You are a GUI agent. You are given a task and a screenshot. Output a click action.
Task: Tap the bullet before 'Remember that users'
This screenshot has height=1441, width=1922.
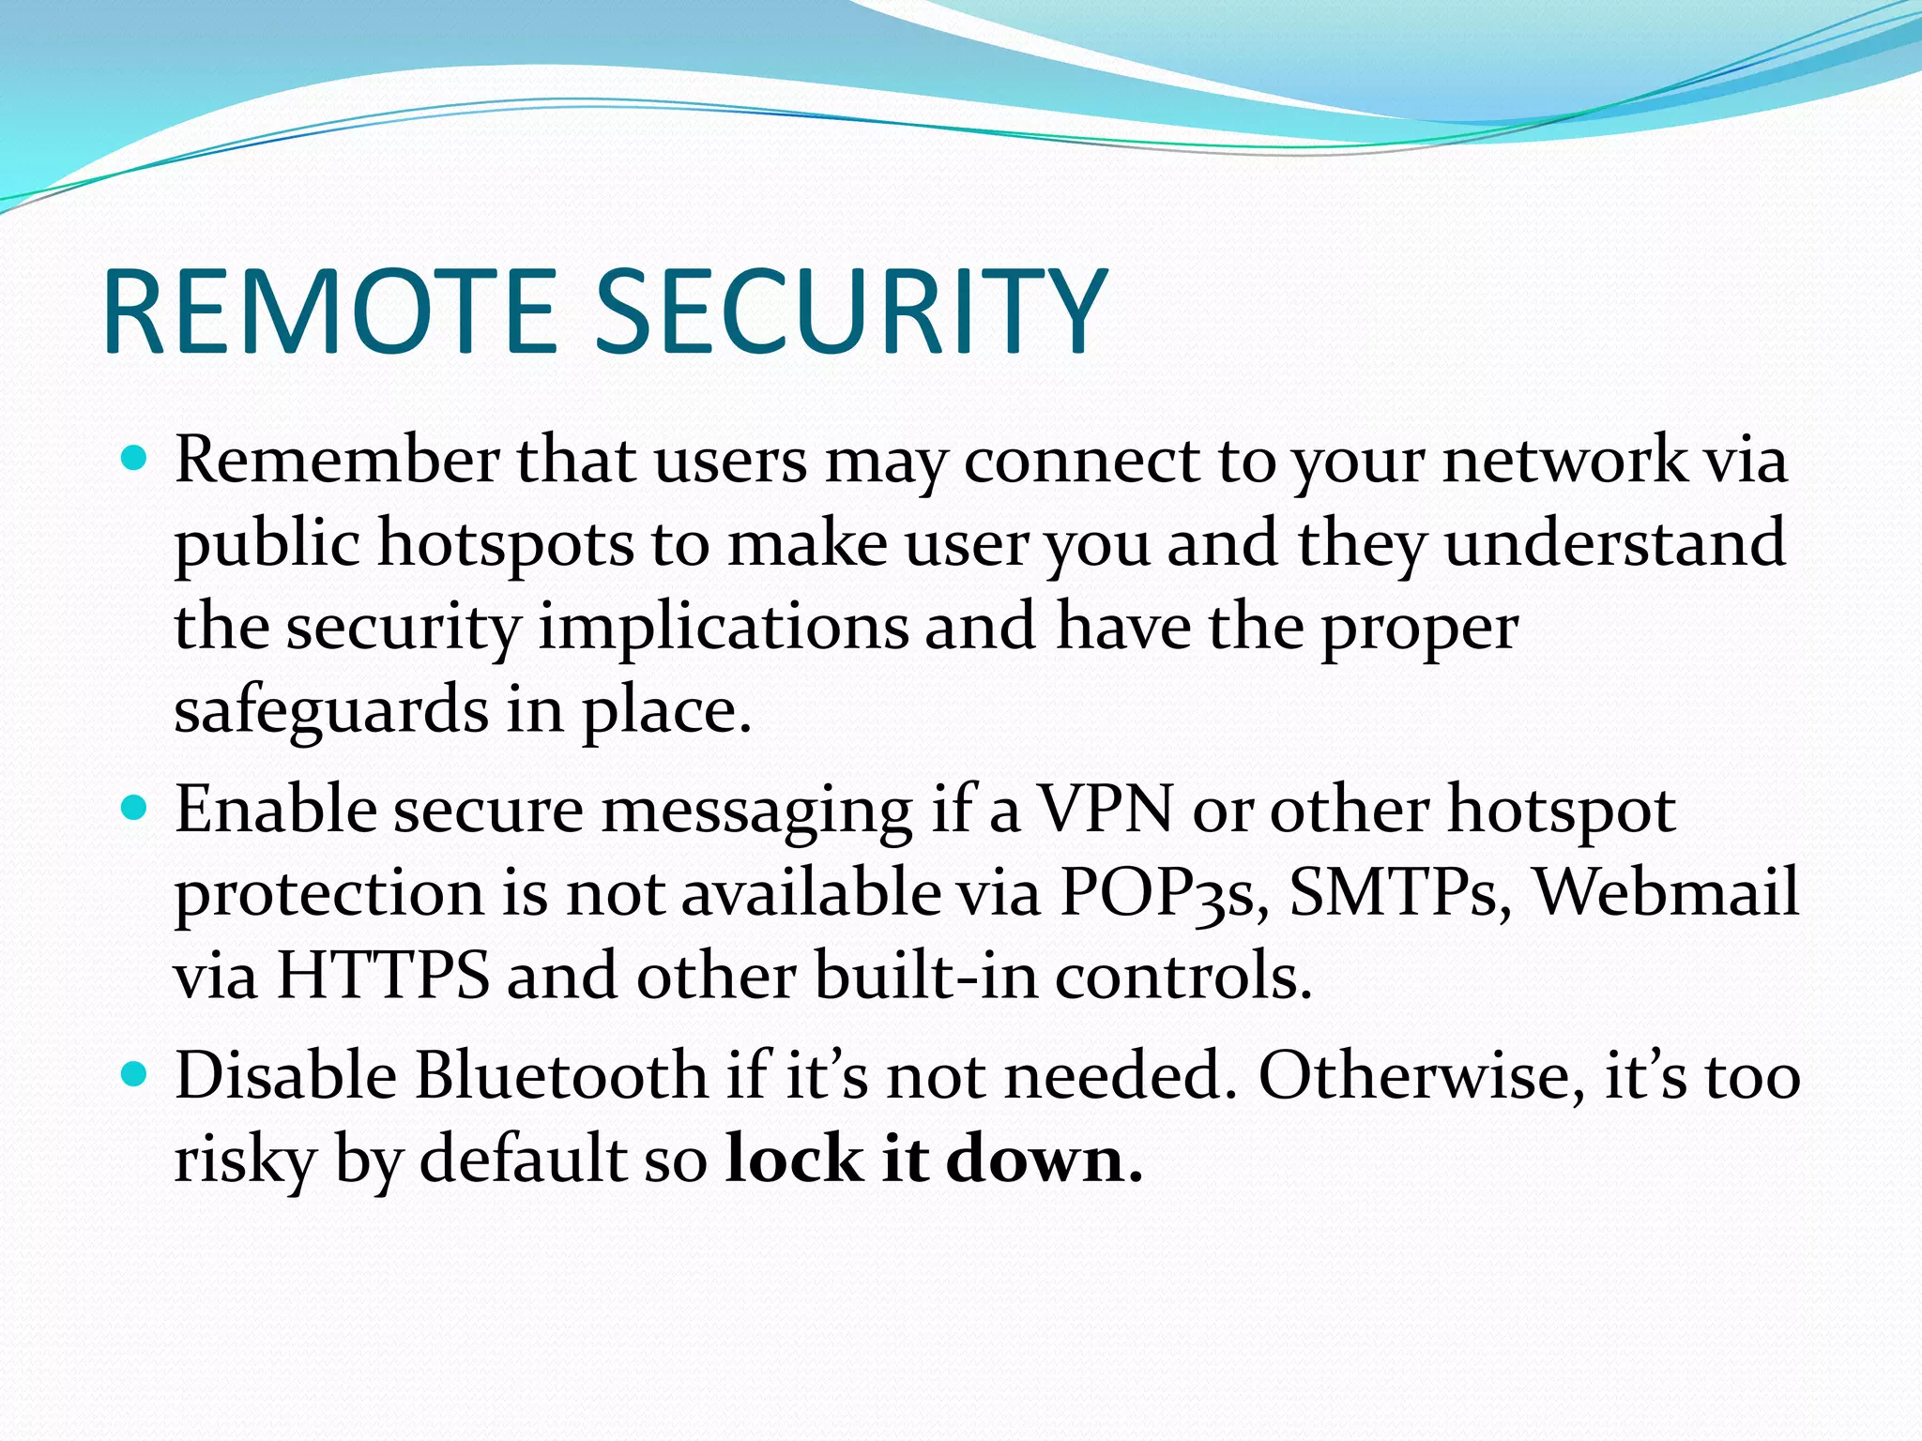(x=135, y=459)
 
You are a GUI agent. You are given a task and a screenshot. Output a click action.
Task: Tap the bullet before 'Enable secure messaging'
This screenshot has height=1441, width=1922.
(x=135, y=807)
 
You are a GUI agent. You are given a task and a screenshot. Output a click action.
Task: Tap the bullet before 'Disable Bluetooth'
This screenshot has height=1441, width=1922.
(x=135, y=1073)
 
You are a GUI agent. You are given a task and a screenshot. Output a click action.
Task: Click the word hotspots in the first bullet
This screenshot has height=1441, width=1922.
(x=506, y=545)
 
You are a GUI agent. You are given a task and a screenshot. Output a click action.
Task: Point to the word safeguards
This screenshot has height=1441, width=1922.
(x=331, y=711)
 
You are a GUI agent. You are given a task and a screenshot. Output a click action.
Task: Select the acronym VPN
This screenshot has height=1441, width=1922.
(x=1105, y=809)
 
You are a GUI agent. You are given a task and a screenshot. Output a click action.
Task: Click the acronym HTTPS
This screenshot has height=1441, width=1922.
(x=383, y=976)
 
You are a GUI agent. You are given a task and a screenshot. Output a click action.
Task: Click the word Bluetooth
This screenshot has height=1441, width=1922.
(x=561, y=1075)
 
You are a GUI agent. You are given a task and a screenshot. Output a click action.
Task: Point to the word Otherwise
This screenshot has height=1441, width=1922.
(x=1414, y=1075)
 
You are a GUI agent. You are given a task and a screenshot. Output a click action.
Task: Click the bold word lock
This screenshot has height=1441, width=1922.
(x=794, y=1160)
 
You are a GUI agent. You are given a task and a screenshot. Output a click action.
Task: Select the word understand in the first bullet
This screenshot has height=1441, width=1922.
(x=1613, y=543)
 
